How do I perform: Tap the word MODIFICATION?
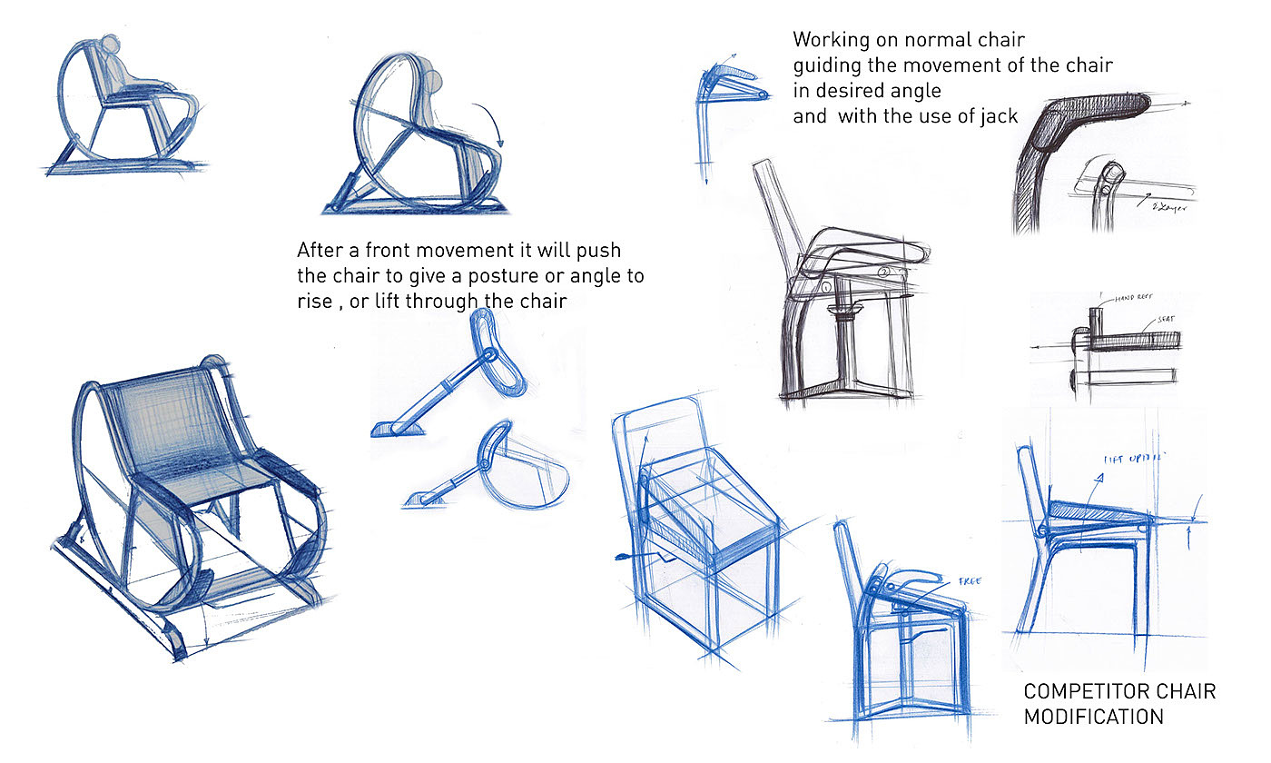[1093, 717]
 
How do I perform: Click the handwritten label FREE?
[969, 581]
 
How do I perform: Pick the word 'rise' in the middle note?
[314, 302]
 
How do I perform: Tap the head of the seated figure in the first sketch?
[111, 46]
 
